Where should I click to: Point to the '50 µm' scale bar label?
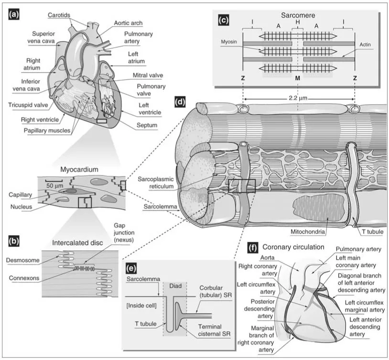click(x=56, y=185)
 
